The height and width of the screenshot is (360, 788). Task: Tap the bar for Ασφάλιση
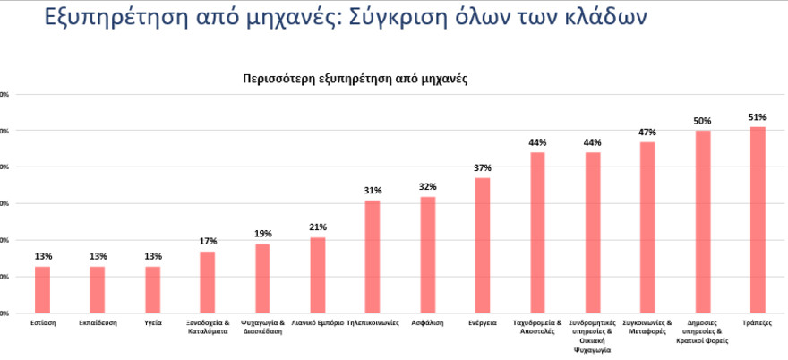427,254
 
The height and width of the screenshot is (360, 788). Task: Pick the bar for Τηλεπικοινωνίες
373,256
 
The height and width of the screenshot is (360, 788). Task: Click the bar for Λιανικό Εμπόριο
318,275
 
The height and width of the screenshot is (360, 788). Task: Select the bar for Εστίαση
43,289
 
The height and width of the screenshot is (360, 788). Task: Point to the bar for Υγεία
152,289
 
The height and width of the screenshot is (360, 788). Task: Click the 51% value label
758,117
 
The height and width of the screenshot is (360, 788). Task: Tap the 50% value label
703,121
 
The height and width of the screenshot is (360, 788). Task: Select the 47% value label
647,133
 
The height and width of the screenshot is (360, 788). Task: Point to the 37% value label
483,168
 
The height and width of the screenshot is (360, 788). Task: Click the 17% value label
208,242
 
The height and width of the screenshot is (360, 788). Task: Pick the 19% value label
262,234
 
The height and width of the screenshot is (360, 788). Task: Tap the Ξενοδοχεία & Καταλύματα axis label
208,326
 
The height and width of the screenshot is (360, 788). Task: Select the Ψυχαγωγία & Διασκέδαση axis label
262,326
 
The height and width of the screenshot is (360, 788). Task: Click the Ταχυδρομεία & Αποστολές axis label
537,326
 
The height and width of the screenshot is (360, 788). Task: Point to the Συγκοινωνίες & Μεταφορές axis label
647,326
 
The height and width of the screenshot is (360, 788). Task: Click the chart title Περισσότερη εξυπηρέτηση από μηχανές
355,79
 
